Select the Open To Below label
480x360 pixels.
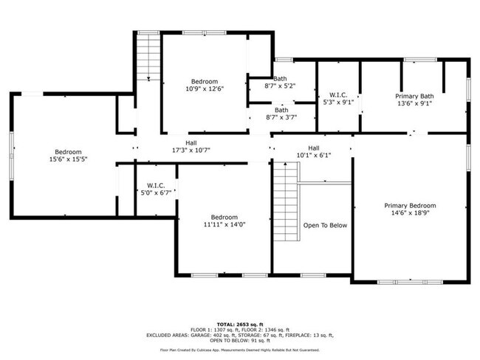point(324,226)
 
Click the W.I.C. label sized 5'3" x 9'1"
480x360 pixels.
point(339,94)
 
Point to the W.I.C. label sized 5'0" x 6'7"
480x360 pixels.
point(155,185)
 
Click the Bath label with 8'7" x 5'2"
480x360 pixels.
point(280,78)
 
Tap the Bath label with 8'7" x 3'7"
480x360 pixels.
point(281,110)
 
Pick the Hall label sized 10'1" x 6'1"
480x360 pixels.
point(313,148)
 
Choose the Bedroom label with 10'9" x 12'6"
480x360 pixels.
point(205,81)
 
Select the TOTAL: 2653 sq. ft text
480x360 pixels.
point(239,324)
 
